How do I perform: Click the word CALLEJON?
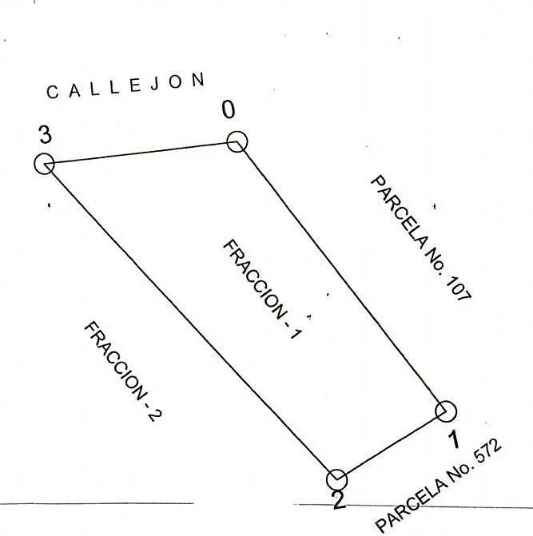(x=125, y=85)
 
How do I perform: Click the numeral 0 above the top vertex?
(x=229, y=109)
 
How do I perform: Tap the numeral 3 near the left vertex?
(x=45, y=134)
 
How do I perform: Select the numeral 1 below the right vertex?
(x=454, y=439)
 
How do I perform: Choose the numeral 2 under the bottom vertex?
(x=339, y=501)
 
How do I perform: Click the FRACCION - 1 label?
(x=263, y=289)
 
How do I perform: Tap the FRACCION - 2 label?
(x=123, y=371)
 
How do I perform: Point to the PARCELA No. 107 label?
(x=421, y=238)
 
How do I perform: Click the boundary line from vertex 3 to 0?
(x=141, y=153)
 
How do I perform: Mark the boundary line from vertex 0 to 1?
(x=341, y=276)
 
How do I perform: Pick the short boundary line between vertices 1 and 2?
(x=392, y=446)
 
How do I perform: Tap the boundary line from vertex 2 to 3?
(x=191, y=322)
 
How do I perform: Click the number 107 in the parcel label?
(x=459, y=288)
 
